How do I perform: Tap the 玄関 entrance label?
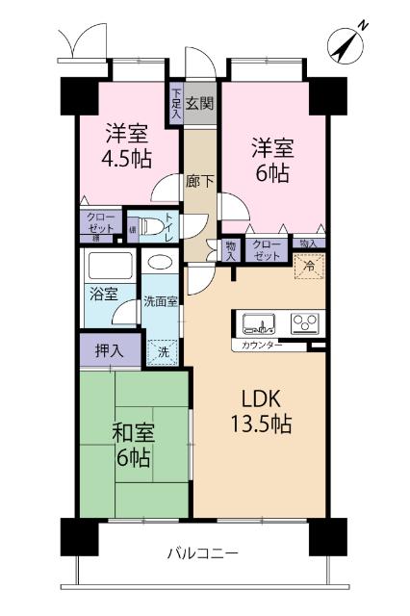[x=199, y=103]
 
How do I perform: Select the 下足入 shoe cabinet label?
[x=176, y=103]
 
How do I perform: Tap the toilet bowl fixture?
[x=149, y=227]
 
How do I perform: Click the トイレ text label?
[x=169, y=227]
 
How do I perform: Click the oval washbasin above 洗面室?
[x=160, y=262]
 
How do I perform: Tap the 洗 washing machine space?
[x=165, y=351]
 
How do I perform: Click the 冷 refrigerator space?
[x=309, y=265]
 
